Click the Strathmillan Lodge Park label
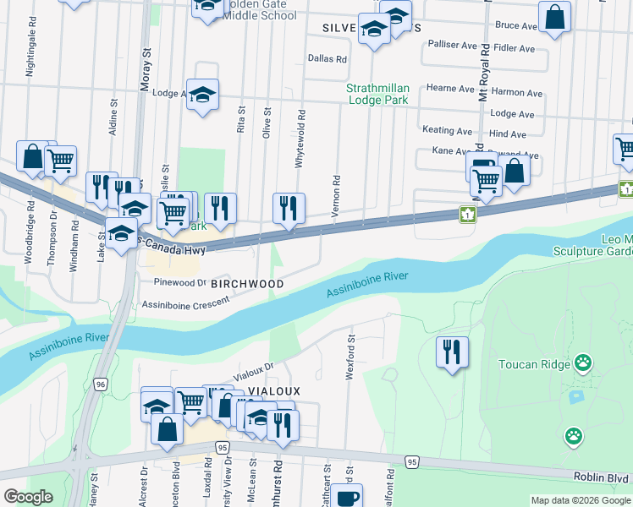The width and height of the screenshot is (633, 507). tap(377, 93)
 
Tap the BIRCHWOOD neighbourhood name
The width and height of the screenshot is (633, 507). tap(248, 284)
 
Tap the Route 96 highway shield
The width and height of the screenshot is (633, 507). tap(101, 384)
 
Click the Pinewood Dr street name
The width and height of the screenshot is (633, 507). tap(180, 282)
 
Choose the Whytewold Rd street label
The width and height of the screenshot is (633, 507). tap(300, 138)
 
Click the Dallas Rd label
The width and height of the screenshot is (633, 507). tap(328, 59)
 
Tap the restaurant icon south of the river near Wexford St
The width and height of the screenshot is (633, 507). tap(452, 351)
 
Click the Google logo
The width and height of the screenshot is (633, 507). tap(29, 496)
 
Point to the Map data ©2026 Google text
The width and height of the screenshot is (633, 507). tap(580, 500)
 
